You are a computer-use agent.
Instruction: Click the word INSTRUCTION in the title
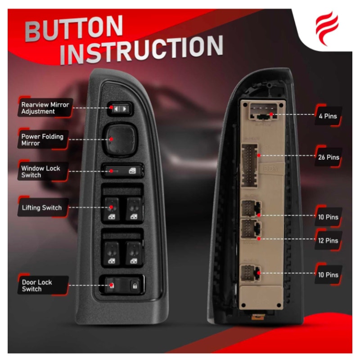pos(142,49)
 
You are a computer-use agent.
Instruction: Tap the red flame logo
pos(327,28)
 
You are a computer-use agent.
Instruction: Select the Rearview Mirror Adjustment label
pos(45,108)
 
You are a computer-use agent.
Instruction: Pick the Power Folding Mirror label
pos(43,139)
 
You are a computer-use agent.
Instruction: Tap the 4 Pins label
pos(328,116)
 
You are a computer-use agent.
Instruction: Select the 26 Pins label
pos(328,157)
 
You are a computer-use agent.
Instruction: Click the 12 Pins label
pos(328,241)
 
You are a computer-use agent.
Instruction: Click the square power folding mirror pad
pos(120,139)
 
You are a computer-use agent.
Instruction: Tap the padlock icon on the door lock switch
pos(135,286)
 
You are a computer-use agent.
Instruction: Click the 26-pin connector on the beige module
pos(249,165)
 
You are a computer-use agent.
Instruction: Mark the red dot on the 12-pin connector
pos(259,239)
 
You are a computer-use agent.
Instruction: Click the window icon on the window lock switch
pos(132,171)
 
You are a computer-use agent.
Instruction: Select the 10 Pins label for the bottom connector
pos(328,275)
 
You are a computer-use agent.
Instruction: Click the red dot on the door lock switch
pos(112,285)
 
